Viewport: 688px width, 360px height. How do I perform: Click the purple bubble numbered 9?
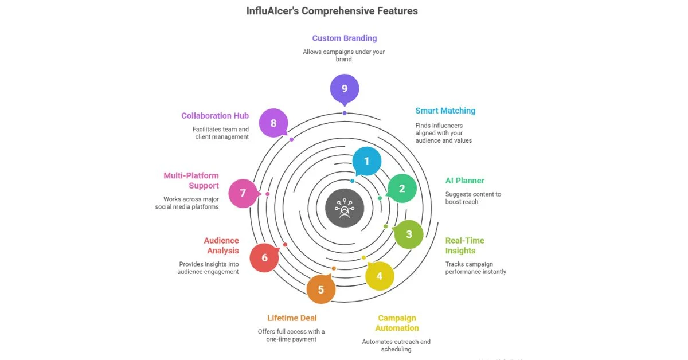(x=345, y=89)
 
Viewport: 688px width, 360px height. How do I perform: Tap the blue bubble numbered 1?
(x=367, y=161)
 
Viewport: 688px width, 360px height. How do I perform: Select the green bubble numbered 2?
(x=402, y=189)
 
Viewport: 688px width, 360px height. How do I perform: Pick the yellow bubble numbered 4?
(x=380, y=276)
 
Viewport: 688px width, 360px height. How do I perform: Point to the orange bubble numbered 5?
(x=321, y=289)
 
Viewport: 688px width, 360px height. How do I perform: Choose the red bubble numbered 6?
(x=264, y=257)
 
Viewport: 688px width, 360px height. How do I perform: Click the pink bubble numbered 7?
(x=243, y=193)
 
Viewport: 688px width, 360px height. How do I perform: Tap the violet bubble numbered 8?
(x=273, y=123)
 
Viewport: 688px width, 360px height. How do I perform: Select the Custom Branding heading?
(x=345, y=38)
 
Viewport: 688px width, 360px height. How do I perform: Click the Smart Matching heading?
(x=445, y=111)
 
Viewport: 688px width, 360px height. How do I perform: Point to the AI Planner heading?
(x=465, y=181)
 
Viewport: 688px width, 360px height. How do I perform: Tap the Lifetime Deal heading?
(x=292, y=318)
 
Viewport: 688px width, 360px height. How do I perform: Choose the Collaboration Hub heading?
(x=215, y=116)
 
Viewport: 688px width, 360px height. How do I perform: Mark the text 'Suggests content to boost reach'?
(x=473, y=198)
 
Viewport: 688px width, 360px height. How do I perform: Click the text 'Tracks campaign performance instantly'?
(x=476, y=268)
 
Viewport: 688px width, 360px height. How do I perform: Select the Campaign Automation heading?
(x=397, y=323)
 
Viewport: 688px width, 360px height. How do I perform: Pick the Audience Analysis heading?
(x=221, y=245)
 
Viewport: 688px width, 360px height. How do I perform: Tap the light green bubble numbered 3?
(x=409, y=234)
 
